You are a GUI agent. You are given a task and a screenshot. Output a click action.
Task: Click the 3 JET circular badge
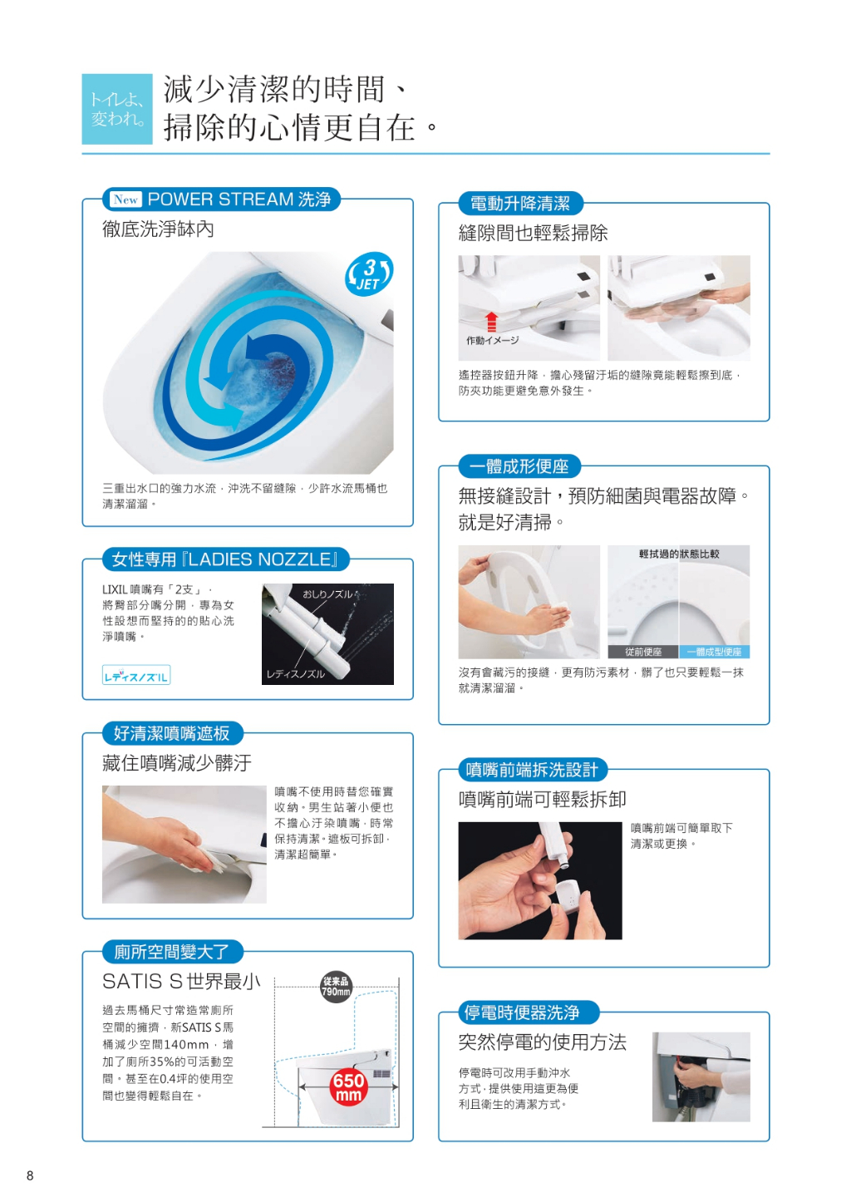coord(369,274)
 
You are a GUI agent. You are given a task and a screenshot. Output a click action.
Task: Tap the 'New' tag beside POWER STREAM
coord(125,200)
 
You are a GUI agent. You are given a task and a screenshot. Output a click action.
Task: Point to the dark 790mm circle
coord(336,986)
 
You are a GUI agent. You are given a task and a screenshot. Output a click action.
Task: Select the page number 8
coord(30,1175)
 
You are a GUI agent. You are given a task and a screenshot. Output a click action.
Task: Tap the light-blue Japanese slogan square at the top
coord(117,109)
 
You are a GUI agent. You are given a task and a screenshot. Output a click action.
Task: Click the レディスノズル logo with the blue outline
coord(136,675)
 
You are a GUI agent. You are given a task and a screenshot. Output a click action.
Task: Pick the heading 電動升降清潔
coord(520,204)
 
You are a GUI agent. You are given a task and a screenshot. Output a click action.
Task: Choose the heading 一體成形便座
coord(519,466)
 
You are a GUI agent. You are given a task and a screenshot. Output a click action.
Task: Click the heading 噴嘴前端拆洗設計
coord(532,770)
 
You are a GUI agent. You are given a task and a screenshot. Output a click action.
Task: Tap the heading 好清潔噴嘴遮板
coord(172,733)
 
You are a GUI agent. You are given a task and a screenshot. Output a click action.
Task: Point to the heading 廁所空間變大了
coord(172,952)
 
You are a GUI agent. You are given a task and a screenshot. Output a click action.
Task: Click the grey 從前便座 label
coord(643,652)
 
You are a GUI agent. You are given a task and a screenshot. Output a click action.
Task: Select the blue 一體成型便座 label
coord(714,652)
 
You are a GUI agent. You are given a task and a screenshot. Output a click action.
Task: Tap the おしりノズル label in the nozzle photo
coord(327,594)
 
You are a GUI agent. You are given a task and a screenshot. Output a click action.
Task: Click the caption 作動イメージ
coord(493,340)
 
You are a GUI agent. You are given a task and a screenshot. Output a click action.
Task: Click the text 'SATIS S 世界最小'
coord(181,982)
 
